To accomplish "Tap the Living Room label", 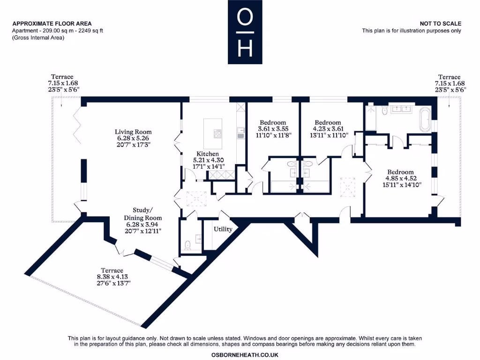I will (134, 139).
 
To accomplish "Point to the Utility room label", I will (223, 229).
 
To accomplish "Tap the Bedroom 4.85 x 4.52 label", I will (399, 178).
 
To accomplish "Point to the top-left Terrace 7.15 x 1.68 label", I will (63, 83).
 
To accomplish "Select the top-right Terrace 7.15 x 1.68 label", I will (449, 83).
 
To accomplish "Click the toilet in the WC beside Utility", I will (188, 244).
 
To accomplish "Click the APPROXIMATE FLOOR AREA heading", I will (52, 23).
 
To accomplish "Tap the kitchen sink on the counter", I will (240, 136).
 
